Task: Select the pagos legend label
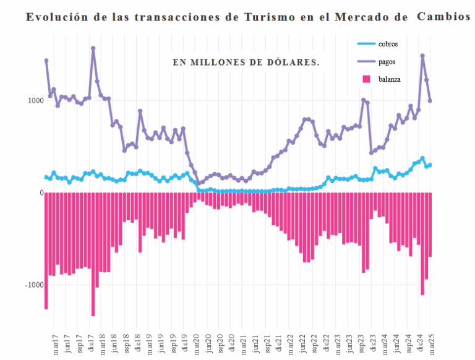click(x=387, y=61)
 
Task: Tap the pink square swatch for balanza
click(x=366, y=79)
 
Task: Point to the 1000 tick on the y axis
click(x=35, y=100)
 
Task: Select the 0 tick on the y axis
click(x=41, y=193)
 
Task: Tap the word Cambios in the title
click(x=443, y=17)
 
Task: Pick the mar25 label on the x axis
click(x=430, y=345)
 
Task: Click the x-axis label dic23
click(x=372, y=345)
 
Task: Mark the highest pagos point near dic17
click(x=93, y=48)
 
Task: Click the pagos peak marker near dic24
click(x=422, y=56)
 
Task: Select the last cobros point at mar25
click(x=430, y=165)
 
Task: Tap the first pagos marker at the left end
click(x=46, y=61)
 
